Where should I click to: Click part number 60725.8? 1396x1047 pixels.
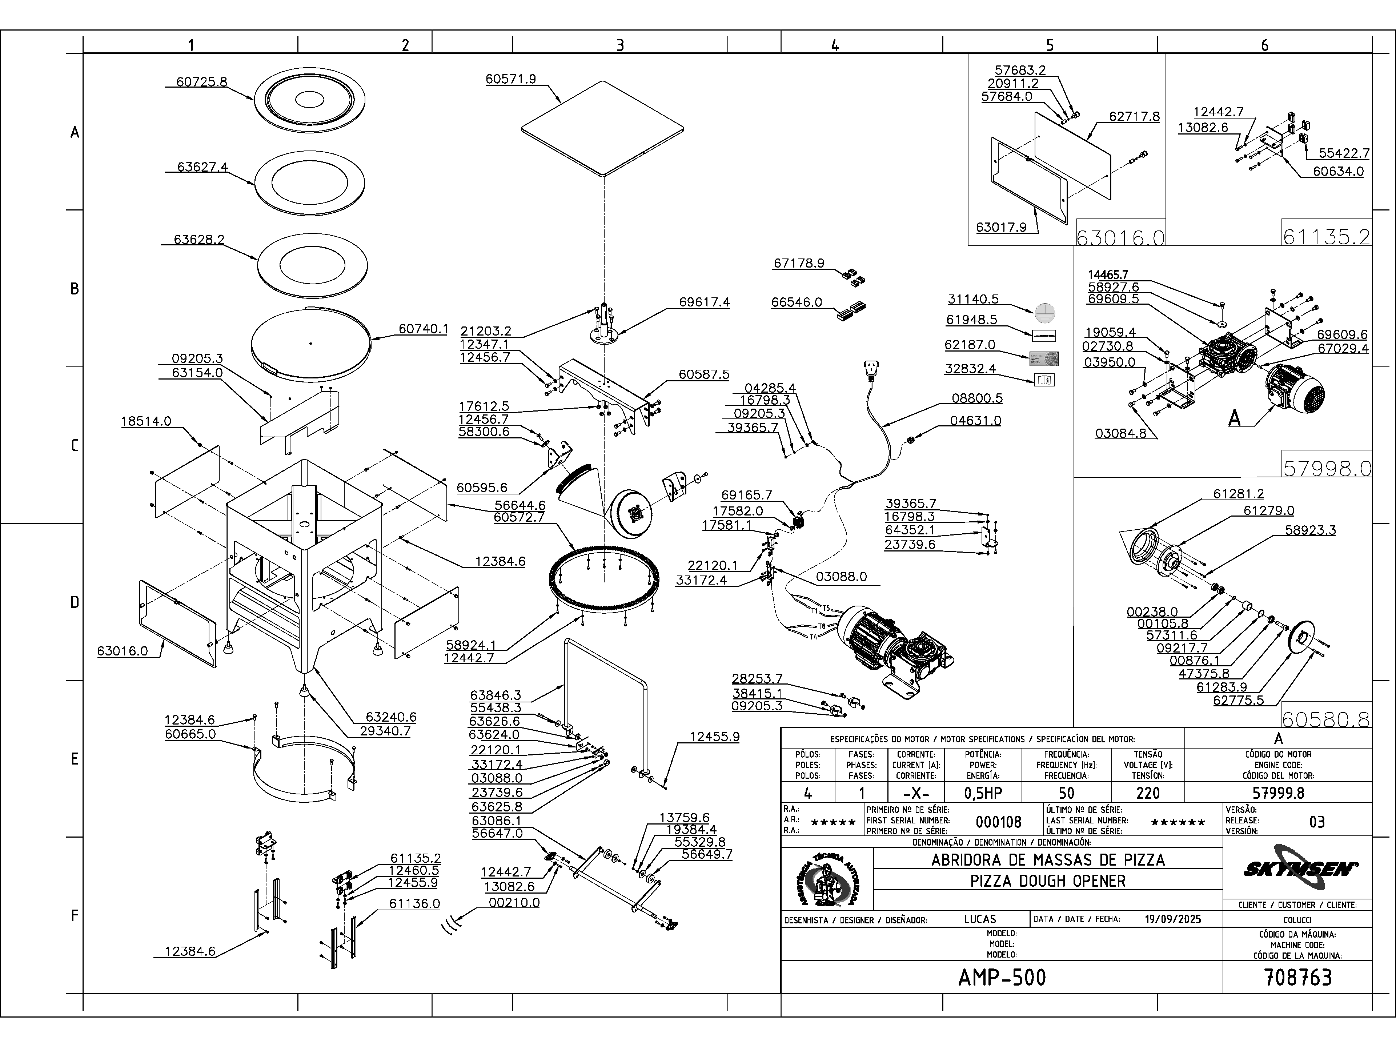201,82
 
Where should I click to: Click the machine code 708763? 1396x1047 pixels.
1298,978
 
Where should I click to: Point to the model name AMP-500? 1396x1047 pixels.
1002,978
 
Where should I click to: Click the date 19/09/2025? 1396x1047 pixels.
1172,919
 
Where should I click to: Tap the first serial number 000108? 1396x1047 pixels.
998,822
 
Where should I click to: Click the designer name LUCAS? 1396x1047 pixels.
979,919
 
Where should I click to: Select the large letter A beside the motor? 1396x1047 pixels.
1235,418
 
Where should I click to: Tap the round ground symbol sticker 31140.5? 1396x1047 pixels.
1045,312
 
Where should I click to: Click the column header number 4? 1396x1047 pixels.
835,45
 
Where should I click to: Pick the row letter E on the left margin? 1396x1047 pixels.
75,759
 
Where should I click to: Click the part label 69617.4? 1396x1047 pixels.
704,302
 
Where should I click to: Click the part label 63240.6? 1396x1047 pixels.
391,717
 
